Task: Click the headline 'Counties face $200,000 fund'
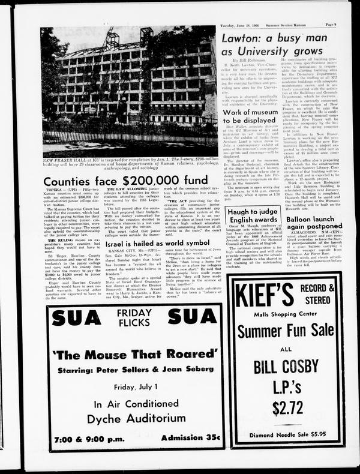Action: [x=125, y=181]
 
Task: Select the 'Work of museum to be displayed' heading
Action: [x=258, y=117]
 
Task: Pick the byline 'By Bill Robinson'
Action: [x=246, y=61]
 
